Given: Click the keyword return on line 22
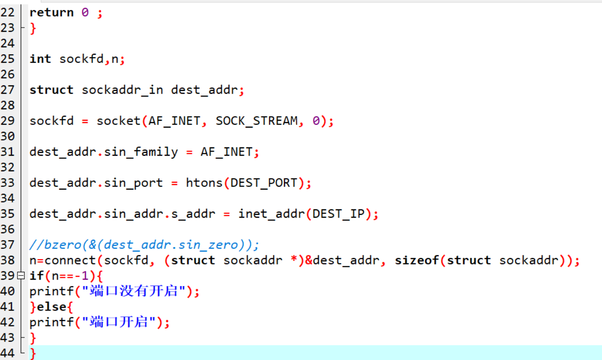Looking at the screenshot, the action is (x=51, y=13).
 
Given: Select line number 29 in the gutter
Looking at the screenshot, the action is (x=7, y=121).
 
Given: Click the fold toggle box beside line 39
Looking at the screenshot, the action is (x=21, y=276).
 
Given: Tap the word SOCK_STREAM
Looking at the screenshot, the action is (x=256, y=121).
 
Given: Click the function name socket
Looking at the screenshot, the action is (x=118, y=121).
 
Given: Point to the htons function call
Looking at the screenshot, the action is (x=204, y=183).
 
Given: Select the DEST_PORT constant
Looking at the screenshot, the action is (x=264, y=183).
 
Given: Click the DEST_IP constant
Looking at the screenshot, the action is (x=338, y=214).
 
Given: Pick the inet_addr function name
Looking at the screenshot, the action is (x=272, y=214).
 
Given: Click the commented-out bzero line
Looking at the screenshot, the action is (x=144, y=245).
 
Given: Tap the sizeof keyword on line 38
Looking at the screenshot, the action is (x=417, y=260).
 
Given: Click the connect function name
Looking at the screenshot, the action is (x=70, y=260).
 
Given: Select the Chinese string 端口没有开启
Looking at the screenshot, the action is (x=134, y=291).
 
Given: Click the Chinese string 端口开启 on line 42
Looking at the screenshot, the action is (x=118, y=322).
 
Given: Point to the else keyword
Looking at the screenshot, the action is (x=51, y=307).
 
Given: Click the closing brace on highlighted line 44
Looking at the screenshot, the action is (x=33, y=353).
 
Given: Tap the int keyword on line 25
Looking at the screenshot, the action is (x=40, y=59).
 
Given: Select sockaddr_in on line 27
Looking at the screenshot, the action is (x=122, y=90).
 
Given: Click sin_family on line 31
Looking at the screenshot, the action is (x=141, y=152).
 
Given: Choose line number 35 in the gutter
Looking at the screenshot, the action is (x=7, y=214).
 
